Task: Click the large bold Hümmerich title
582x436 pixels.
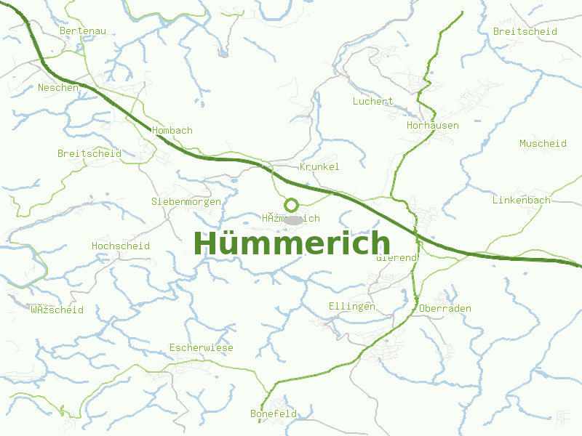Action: (x=292, y=243)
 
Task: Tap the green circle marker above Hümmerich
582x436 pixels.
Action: (x=291, y=205)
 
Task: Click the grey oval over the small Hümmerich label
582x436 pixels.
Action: (x=292, y=219)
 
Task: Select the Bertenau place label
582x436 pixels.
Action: (x=83, y=31)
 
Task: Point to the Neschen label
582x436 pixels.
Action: (x=58, y=87)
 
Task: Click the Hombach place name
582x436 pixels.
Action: (x=172, y=131)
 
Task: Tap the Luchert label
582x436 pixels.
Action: (x=372, y=102)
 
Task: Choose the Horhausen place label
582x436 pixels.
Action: (x=432, y=126)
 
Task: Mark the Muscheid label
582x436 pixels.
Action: (x=543, y=144)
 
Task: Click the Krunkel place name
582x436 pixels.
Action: (x=319, y=167)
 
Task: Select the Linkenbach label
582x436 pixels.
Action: (x=521, y=201)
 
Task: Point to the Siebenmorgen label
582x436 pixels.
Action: (x=186, y=201)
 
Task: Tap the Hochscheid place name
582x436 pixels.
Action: (x=121, y=246)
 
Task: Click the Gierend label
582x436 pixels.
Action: (x=396, y=258)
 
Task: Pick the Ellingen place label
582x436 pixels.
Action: (x=352, y=307)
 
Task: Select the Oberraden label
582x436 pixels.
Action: (x=445, y=309)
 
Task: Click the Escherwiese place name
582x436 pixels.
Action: (x=202, y=348)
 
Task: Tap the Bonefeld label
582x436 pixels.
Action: (x=274, y=414)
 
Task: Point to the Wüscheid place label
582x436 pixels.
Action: (x=57, y=310)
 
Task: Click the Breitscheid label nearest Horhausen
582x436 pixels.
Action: (x=525, y=32)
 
